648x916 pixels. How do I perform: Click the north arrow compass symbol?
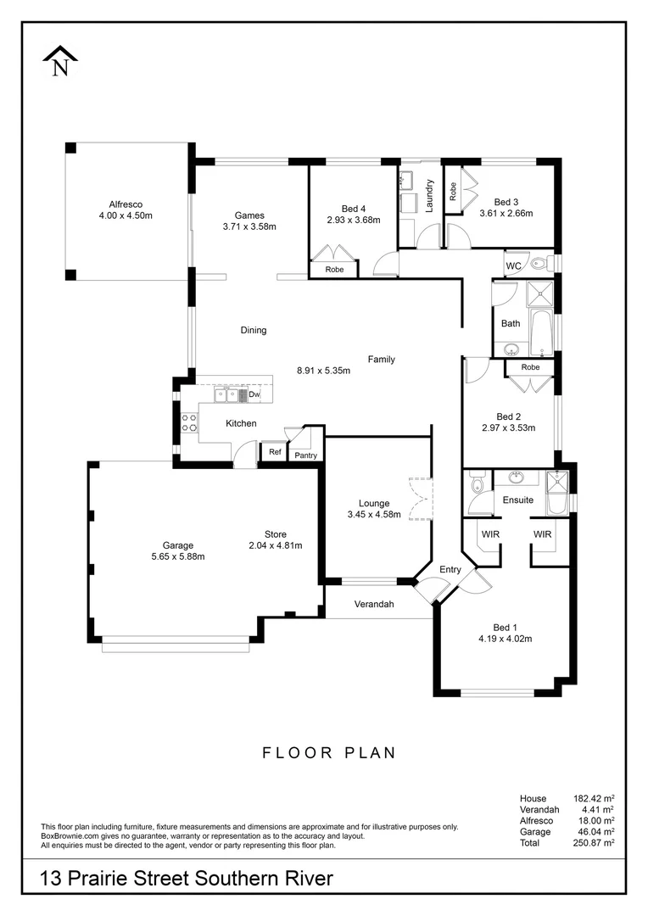[60, 62]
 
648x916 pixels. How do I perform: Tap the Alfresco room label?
[125, 204]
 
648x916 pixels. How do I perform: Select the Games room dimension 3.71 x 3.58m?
[249, 226]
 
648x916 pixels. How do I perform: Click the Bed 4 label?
[354, 209]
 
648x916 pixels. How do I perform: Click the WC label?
[513, 266]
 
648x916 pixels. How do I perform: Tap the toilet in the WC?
[540, 264]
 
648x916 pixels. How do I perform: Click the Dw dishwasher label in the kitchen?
[254, 394]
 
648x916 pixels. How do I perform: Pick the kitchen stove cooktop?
[188, 422]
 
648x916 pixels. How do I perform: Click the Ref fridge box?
[275, 452]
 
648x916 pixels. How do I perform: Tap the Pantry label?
[305, 455]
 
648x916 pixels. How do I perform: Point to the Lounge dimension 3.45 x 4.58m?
[373, 514]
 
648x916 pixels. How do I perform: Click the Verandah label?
[369, 605]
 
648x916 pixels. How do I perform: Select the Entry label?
[450, 569]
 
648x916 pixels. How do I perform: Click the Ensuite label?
[517, 500]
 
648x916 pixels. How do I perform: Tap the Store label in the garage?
[275, 534]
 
